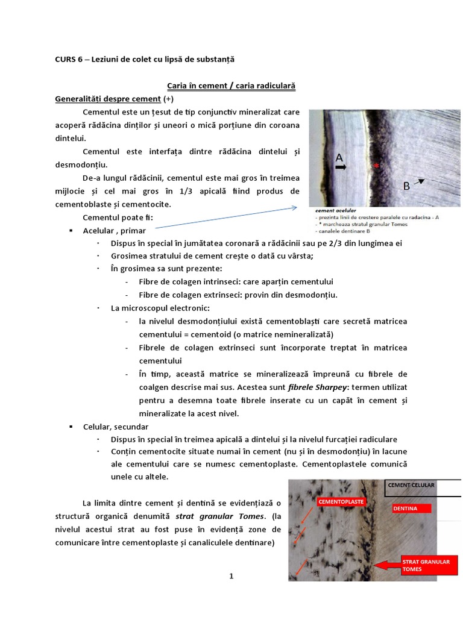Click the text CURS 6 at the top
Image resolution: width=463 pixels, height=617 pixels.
[x=68, y=59]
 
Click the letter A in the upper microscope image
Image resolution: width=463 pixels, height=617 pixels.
[x=339, y=158]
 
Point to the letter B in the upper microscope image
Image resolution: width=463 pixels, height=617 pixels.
[x=407, y=186]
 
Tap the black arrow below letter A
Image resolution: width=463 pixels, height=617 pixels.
[x=341, y=169]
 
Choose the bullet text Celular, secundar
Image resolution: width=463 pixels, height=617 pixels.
[x=116, y=427]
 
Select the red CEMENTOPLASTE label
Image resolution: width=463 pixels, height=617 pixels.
[x=341, y=501]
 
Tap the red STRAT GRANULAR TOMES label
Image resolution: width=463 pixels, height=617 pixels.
[x=426, y=565]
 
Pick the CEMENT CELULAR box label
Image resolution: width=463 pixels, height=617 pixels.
[x=411, y=485]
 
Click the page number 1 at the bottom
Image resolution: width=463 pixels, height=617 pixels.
[x=231, y=576]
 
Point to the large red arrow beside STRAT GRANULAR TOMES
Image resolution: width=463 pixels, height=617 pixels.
[x=386, y=565]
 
